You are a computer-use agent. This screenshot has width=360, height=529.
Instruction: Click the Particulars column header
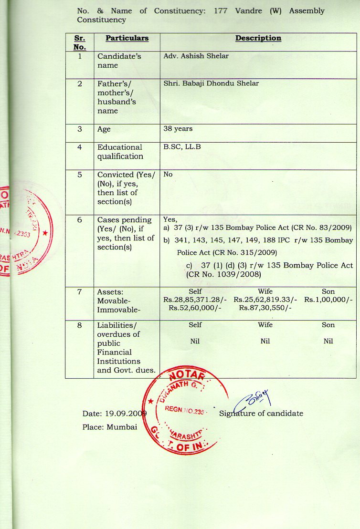coord(127,38)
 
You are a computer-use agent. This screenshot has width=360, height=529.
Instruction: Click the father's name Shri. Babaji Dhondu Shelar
coord(211,83)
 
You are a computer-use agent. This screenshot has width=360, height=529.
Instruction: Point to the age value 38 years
coord(178,129)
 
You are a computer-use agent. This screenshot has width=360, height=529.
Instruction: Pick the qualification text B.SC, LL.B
coord(182,147)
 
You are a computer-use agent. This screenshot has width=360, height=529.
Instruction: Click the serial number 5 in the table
coord(79,175)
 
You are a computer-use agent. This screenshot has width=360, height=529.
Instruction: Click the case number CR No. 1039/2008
coord(217,274)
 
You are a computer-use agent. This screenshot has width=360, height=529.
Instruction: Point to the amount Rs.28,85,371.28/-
coord(195,300)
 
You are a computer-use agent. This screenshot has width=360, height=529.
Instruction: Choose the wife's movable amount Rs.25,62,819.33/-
coord(265,300)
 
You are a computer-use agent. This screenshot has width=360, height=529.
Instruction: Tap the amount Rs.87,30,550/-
coord(265,308)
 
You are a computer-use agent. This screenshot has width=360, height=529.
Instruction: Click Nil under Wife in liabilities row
coord(265,342)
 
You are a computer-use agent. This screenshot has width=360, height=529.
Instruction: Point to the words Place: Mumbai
coord(110,427)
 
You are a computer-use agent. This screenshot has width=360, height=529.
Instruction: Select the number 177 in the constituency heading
coord(220,10)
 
